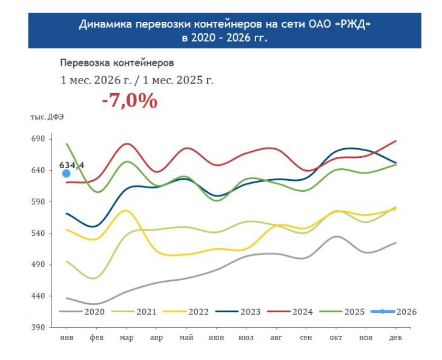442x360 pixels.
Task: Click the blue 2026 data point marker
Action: point(67,174)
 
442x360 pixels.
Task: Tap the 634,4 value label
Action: point(71,165)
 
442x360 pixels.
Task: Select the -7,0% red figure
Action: point(130,100)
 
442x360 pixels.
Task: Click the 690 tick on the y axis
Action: point(38,139)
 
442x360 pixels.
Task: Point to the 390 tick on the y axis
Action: point(38,327)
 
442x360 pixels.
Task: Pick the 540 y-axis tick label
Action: point(38,233)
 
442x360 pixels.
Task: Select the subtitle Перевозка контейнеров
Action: point(117,62)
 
